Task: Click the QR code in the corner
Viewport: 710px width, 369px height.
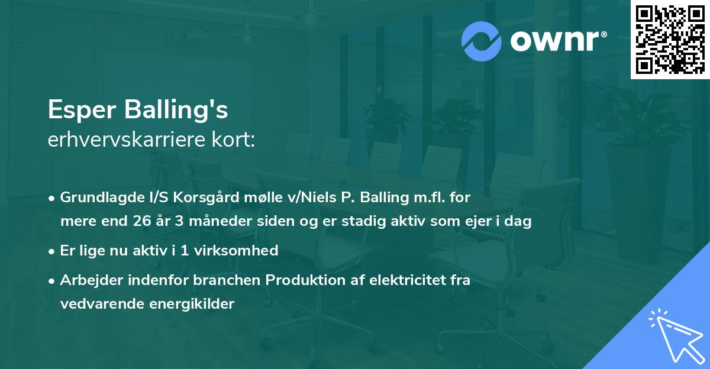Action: click(670, 40)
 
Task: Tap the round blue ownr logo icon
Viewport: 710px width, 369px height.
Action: click(481, 41)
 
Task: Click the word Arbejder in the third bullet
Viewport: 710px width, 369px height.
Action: click(88, 280)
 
